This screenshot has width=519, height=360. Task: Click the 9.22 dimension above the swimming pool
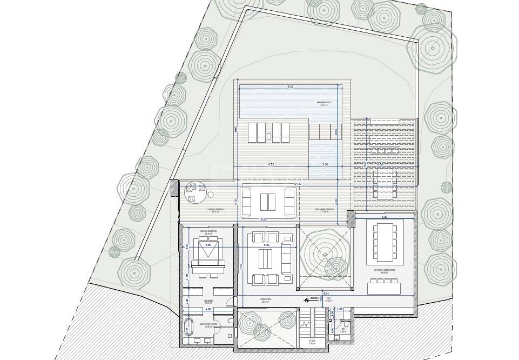(x=290, y=86)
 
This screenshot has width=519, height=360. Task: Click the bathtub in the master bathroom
(x=188, y=328)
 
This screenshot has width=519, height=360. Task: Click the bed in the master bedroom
(x=207, y=254)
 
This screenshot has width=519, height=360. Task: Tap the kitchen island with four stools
(x=385, y=286)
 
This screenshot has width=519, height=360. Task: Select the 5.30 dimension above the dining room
(x=384, y=216)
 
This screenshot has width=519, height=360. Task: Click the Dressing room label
(x=208, y=302)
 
